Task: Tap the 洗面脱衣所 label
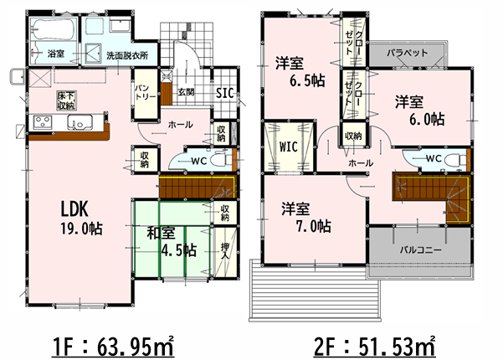tap(127, 55)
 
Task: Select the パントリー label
tap(145, 93)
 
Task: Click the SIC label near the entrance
tap(224, 93)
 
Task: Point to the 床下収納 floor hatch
tap(66, 100)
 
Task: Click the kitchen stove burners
tap(43, 122)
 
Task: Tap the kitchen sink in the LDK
tap(80, 122)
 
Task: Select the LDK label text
tap(74, 208)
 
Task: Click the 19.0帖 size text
tap(82, 229)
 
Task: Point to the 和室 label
tap(161, 234)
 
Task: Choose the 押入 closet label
tap(224, 251)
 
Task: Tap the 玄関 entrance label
tap(186, 92)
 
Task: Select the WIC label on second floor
tap(289, 147)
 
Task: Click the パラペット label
tap(407, 53)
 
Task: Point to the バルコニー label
tap(420, 249)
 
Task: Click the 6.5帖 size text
tap(307, 80)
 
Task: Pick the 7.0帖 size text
tap(313, 227)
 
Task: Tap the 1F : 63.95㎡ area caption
tap(113, 347)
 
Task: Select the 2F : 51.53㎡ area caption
tap(375, 347)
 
